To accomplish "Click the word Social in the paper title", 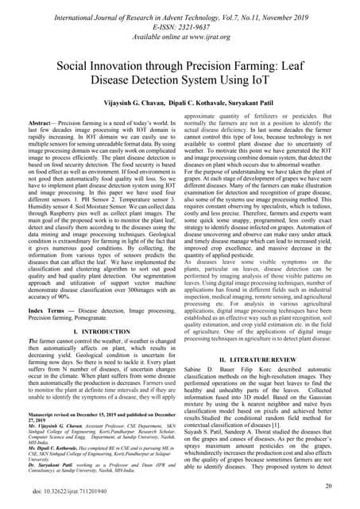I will [80, 68].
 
